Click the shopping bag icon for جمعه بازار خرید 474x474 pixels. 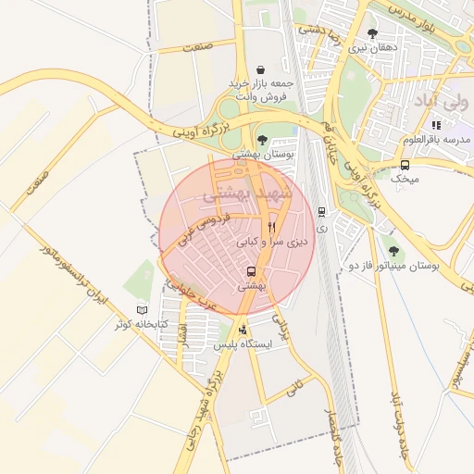coord(261,69)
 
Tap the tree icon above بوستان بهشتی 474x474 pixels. coord(262,140)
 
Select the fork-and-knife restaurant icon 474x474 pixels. coord(271,227)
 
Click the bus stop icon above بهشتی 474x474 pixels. coord(252,272)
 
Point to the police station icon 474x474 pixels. coord(243,330)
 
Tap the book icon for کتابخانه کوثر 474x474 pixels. coord(142,309)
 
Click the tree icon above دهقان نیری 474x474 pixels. coord(372,33)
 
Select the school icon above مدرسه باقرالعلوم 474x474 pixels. coord(436,125)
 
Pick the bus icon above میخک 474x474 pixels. coord(405,164)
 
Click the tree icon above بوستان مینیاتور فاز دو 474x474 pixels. coord(394,250)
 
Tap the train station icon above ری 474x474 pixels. coord(321,211)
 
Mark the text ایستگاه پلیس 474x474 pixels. coord(243,344)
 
